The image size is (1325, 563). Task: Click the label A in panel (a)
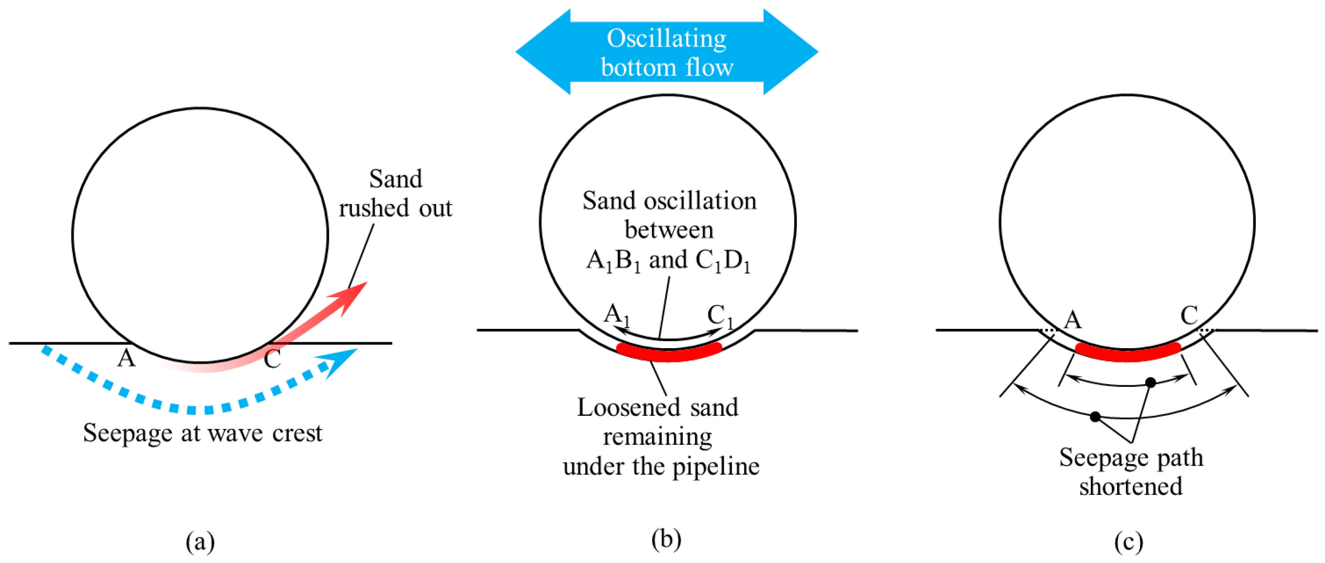126,358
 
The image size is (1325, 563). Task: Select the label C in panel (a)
272,359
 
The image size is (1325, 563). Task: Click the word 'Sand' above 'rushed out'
395,179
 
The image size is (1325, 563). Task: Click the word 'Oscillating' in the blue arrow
666,39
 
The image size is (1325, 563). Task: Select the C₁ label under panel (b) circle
720,315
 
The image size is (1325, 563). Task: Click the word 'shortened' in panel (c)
1131,486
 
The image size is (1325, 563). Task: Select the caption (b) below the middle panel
666,539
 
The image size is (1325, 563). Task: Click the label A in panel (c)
1072,320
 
